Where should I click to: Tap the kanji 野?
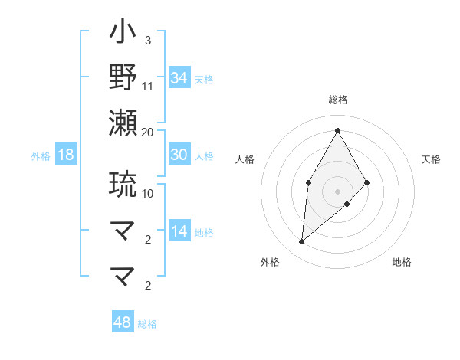point(123,77)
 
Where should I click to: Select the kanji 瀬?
point(123,123)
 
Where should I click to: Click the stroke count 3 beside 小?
point(147,41)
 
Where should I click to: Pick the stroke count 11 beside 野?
point(148,86)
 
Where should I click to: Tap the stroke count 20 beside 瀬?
point(148,132)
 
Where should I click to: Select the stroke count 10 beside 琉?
point(148,193)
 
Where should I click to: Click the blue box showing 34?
point(179,78)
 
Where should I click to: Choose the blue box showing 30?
point(179,155)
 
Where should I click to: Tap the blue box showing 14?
point(179,231)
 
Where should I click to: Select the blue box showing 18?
point(66,155)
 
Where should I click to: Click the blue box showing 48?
point(123,322)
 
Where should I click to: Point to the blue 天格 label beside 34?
point(204,80)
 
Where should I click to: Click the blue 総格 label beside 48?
point(147,324)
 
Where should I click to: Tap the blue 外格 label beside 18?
point(41,156)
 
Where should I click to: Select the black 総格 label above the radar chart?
point(337,100)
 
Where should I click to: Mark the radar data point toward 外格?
point(302,242)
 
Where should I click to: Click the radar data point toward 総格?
point(337,129)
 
